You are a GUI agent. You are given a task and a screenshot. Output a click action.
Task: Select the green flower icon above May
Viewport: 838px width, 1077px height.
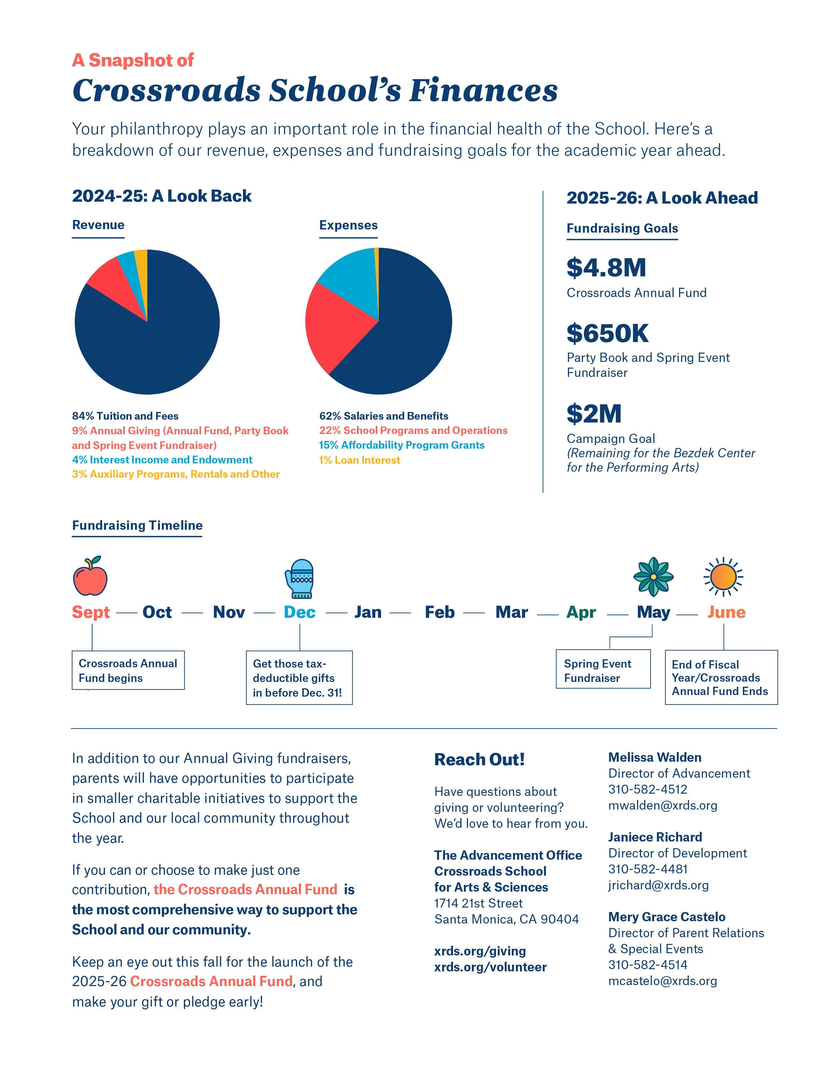point(653,576)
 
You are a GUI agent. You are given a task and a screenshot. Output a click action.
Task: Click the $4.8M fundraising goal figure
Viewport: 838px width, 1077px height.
point(606,268)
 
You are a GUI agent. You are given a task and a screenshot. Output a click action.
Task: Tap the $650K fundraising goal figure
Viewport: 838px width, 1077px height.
point(607,333)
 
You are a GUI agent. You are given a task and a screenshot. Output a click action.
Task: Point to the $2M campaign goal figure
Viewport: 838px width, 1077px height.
point(594,414)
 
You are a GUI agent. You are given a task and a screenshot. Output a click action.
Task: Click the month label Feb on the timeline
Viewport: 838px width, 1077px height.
point(440,612)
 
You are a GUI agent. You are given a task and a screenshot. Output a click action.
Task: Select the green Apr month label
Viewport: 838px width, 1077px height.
point(581,612)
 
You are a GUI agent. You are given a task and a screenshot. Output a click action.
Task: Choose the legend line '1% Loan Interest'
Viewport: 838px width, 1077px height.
point(359,460)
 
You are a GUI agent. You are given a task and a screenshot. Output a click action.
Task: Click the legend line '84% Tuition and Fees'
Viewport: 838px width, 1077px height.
point(125,416)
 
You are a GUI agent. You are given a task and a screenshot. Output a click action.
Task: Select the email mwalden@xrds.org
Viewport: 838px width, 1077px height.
point(662,805)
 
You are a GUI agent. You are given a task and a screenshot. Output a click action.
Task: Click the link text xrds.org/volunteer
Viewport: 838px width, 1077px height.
point(490,967)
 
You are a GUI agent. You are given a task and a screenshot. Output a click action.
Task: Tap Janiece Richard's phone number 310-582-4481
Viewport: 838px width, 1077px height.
point(648,869)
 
